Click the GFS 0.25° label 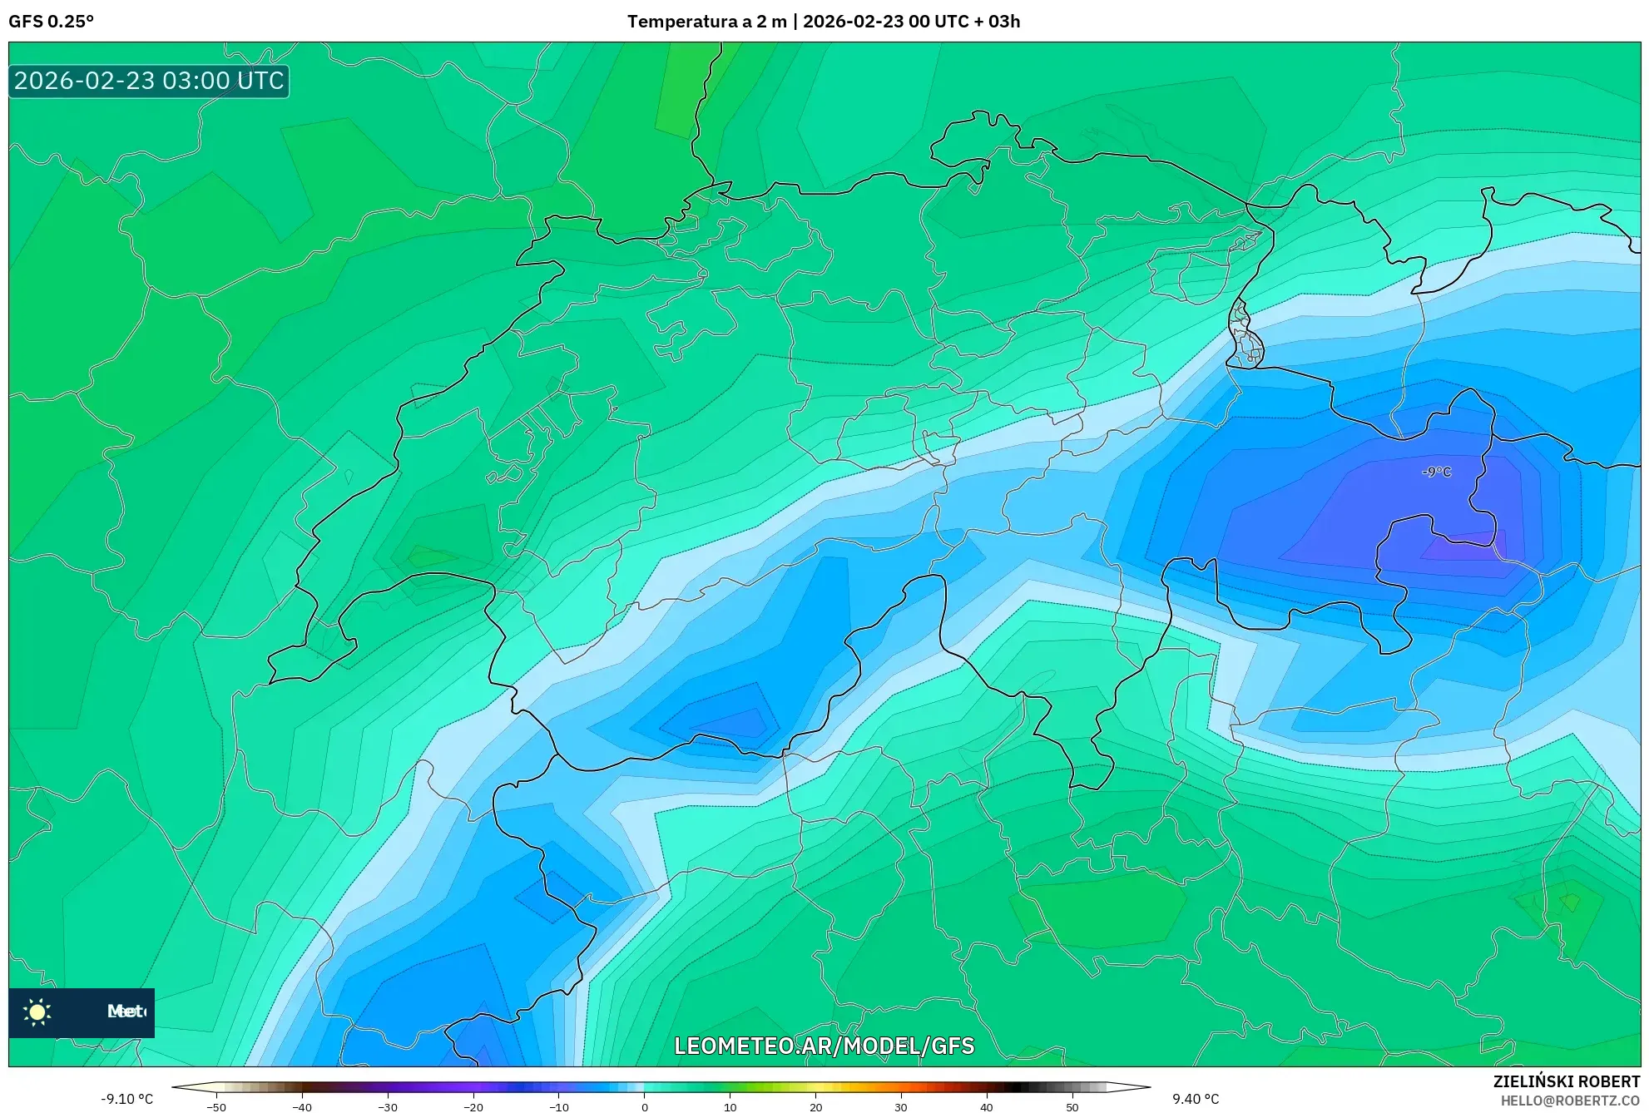click(51, 22)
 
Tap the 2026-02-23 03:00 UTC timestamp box click(149, 81)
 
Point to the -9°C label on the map click(1437, 472)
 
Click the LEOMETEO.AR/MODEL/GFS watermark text click(824, 1046)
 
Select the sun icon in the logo click(37, 1012)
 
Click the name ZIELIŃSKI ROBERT click(1566, 1081)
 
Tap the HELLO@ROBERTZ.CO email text click(1570, 1101)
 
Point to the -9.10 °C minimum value click(126, 1099)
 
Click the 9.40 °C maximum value click(1196, 1099)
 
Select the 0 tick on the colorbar click(644, 1107)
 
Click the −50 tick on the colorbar click(216, 1107)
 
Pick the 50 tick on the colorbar click(1072, 1107)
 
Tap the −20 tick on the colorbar click(473, 1107)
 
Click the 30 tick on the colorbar click(901, 1107)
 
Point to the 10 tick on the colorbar click(730, 1107)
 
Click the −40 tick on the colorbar click(302, 1107)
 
